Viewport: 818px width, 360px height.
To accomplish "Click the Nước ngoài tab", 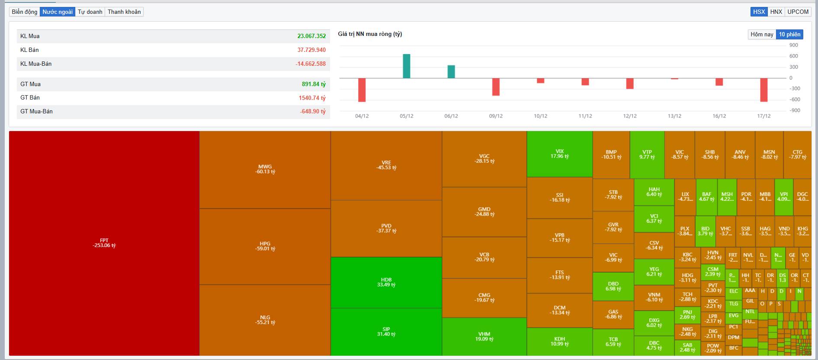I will (58, 12).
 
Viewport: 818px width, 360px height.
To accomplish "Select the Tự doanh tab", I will (90, 12).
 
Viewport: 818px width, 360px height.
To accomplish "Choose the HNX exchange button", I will (776, 12).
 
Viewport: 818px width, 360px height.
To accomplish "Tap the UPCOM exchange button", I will (798, 12).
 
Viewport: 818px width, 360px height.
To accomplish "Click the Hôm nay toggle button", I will (762, 34).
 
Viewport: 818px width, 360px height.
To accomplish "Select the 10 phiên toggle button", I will (789, 34).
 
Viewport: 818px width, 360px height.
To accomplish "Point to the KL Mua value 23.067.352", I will (311, 36).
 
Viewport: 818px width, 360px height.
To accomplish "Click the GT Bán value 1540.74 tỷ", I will (312, 98).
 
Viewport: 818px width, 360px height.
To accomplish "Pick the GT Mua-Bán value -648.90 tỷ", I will (313, 112).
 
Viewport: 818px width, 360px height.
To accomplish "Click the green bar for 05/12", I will (407, 66).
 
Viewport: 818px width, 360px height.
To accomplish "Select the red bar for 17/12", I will (764, 90).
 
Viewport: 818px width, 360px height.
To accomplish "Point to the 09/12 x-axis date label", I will (496, 116).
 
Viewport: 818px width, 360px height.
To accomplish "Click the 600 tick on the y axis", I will (793, 56).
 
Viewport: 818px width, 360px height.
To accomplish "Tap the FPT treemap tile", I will (104, 243).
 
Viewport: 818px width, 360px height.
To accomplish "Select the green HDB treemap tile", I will (386, 282).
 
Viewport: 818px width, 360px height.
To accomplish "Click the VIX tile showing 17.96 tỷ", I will (560, 154).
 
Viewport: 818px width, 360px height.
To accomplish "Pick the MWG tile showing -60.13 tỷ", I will (265, 169).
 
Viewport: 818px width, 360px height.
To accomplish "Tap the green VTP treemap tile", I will (647, 154).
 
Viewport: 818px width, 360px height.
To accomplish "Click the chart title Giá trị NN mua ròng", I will (370, 34).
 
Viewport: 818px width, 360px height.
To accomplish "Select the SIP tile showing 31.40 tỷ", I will (386, 331).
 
